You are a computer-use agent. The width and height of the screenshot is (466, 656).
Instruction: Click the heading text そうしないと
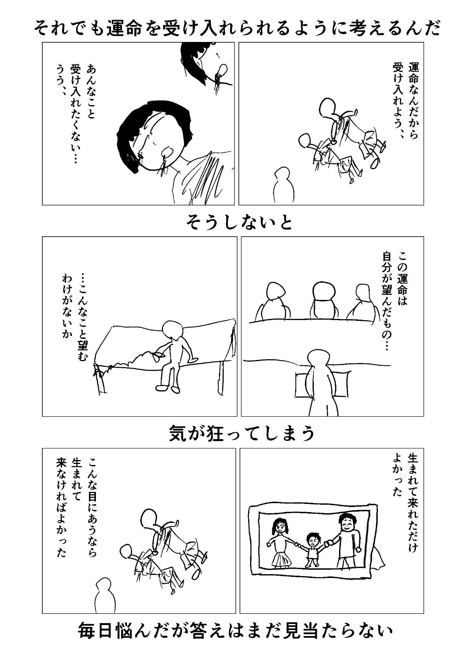point(240,223)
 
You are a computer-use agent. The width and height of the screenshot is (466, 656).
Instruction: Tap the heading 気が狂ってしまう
point(242,434)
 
